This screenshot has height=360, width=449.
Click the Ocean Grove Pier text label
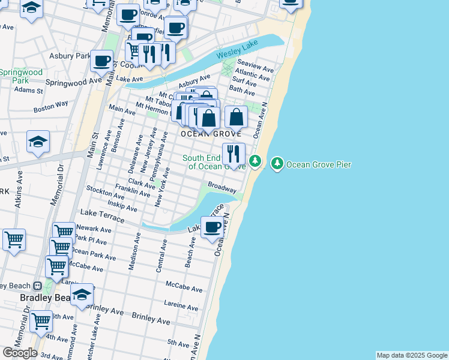tap(319, 164)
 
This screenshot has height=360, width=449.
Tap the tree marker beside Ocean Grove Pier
tap(277, 163)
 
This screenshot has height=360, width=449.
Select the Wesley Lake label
tap(229, 54)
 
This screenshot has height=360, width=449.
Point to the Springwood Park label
tap(21, 76)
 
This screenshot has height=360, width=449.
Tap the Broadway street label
tap(222, 187)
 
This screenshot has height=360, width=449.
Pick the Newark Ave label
tap(95, 229)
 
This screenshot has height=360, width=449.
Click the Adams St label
tap(29, 91)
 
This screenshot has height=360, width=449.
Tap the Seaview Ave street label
tap(255, 62)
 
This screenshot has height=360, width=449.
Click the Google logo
tap(20, 352)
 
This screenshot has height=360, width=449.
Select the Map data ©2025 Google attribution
tap(412, 355)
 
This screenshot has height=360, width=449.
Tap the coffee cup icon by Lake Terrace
tap(212, 227)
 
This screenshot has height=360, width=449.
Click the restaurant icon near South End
tap(234, 153)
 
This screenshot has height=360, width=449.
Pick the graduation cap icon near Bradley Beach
tap(82, 294)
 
